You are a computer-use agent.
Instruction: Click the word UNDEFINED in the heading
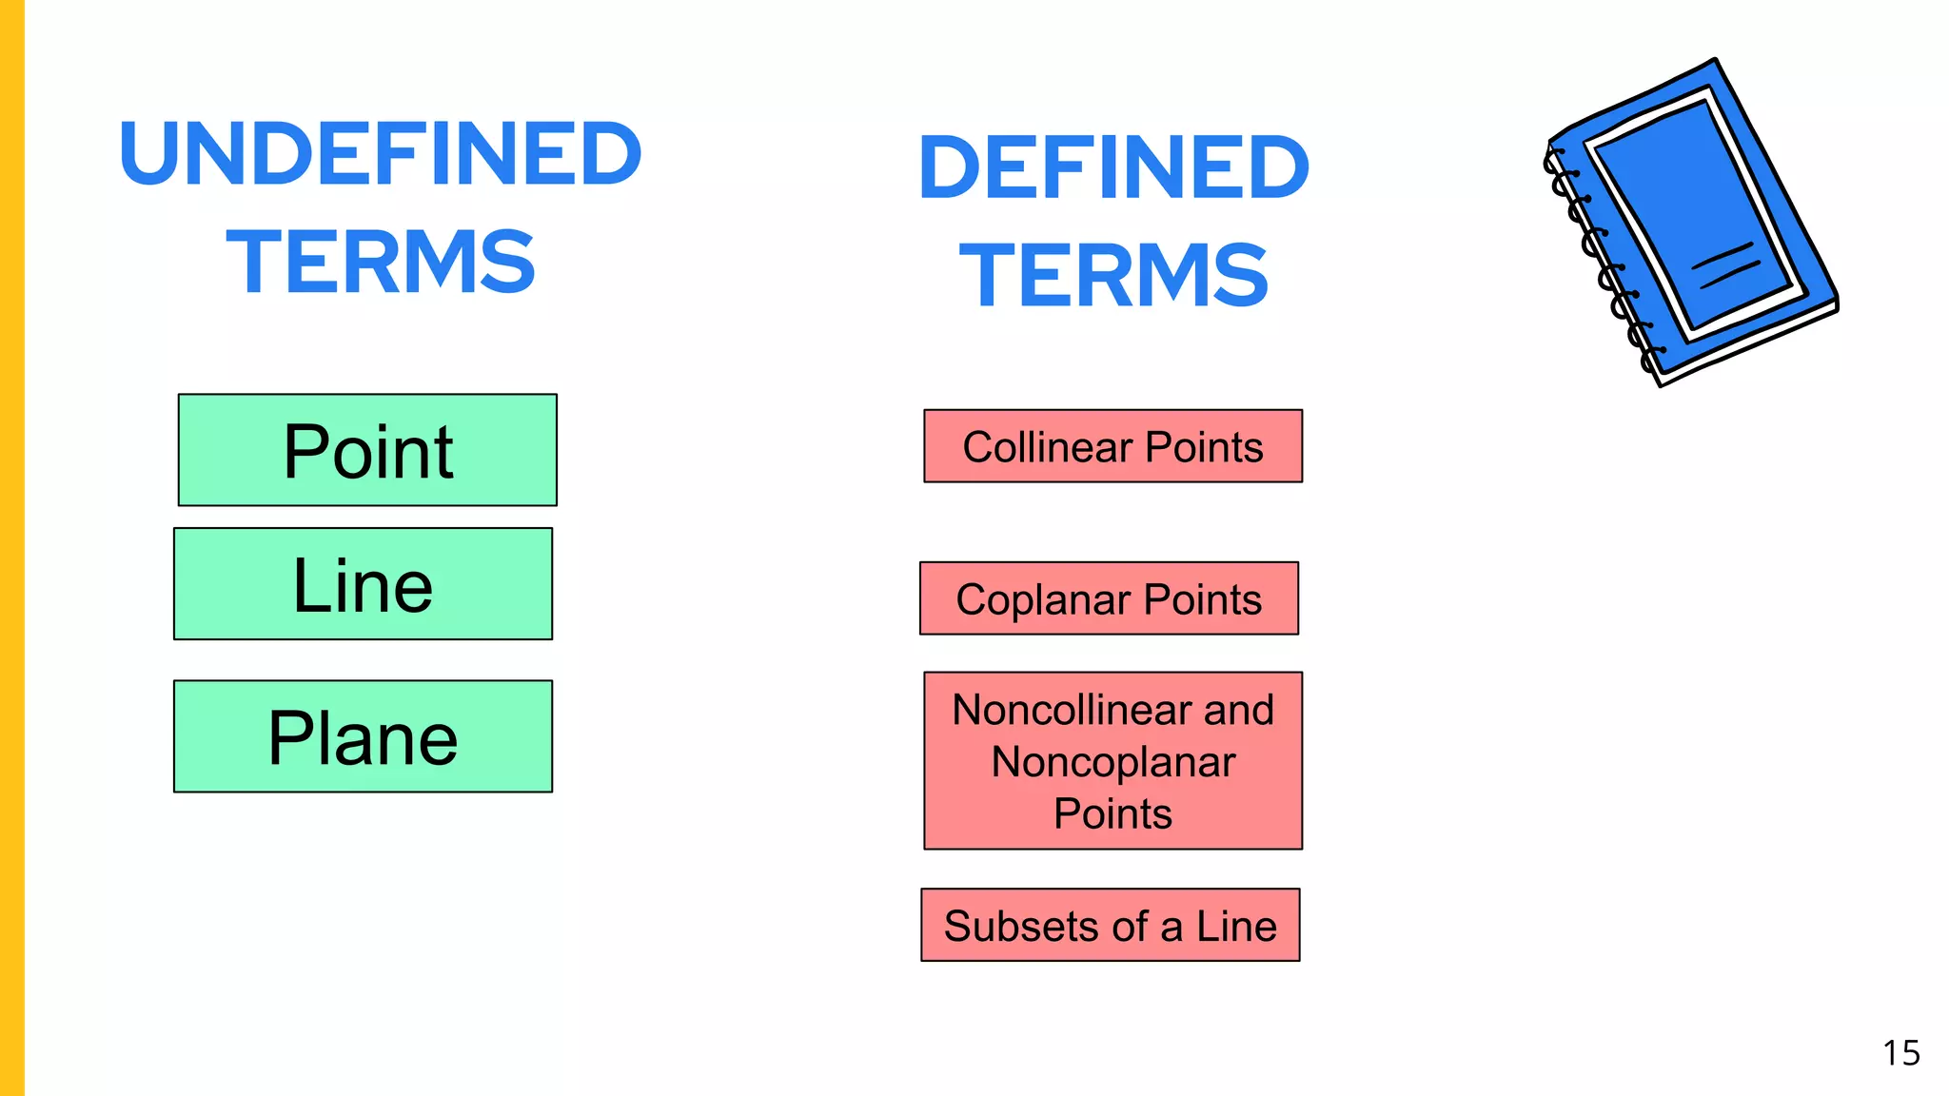[381, 153]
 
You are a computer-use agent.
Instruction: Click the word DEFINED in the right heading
[1113, 167]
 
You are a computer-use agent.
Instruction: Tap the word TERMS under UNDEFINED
[381, 262]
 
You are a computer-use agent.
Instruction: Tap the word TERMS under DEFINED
[1113, 276]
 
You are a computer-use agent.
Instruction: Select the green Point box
[367, 450]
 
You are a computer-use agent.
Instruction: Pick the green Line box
[363, 584]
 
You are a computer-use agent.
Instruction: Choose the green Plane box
[363, 736]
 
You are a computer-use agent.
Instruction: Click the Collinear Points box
[1112, 446]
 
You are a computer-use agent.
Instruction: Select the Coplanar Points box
[1109, 598]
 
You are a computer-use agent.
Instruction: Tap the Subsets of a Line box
[1110, 925]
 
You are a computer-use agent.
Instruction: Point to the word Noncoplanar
[1112, 762]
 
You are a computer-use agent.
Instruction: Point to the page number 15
[1900, 1053]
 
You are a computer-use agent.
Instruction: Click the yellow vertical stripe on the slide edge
[11, 548]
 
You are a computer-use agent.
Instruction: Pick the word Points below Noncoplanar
[1112, 814]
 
